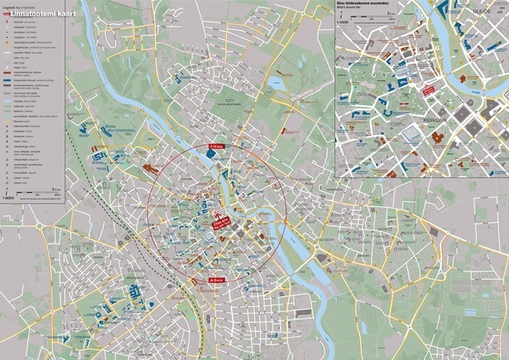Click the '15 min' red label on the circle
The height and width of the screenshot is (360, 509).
point(216,146)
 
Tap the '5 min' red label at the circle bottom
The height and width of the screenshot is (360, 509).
point(216,281)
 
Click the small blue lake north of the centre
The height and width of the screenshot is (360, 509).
point(279,83)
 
